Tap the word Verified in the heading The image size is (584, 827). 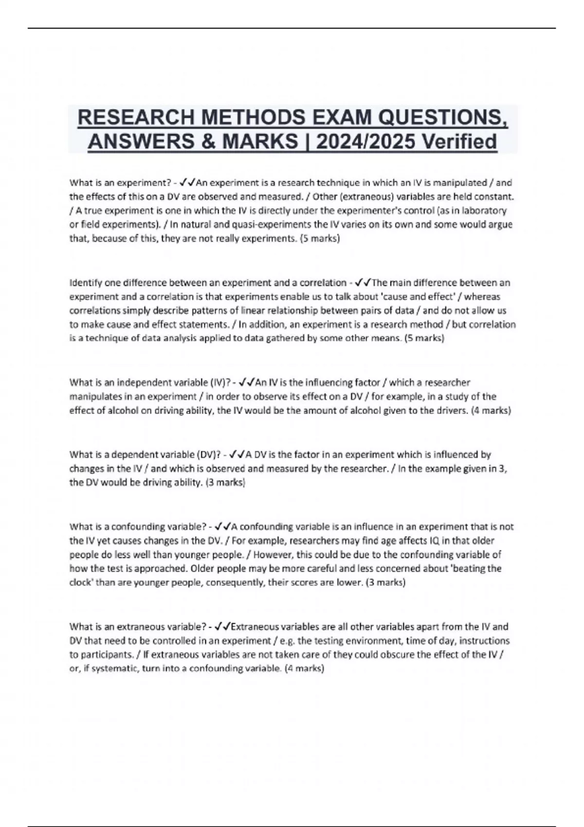459,142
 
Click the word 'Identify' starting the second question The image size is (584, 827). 85,283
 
